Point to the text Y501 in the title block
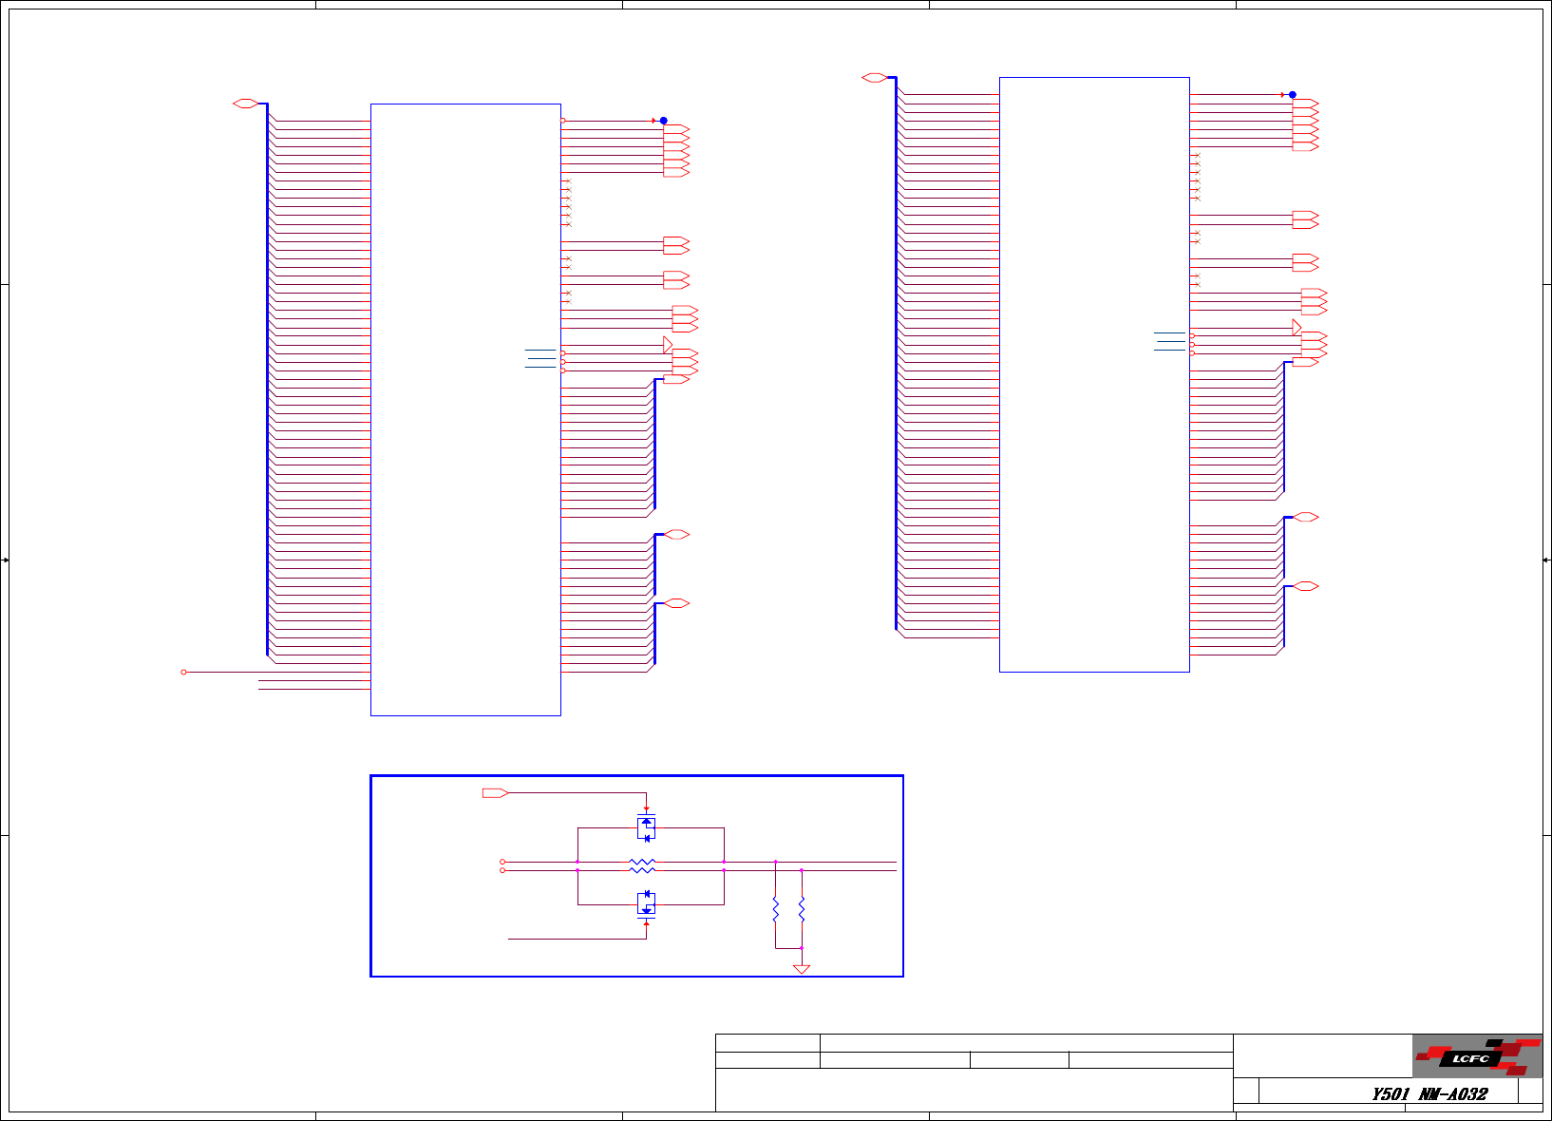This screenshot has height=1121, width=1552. pyautogui.click(x=1391, y=1093)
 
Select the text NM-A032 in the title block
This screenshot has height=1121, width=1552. pyautogui.click(x=1453, y=1093)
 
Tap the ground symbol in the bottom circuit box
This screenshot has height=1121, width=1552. pyautogui.click(x=802, y=969)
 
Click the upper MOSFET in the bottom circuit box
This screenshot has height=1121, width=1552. pyautogui.click(x=647, y=827)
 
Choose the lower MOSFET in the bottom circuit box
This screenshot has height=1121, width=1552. pyautogui.click(x=647, y=903)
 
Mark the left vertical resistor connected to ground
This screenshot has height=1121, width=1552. pyautogui.click(x=776, y=910)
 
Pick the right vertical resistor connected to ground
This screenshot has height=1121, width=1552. pyautogui.click(x=802, y=910)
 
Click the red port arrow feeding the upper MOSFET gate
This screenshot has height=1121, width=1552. pyautogui.click(x=495, y=792)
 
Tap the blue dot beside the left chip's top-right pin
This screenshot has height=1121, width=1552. pyautogui.click(x=664, y=121)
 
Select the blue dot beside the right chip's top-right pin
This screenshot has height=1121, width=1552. pyautogui.click(x=1293, y=95)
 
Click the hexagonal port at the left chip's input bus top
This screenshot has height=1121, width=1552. pyautogui.click(x=245, y=104)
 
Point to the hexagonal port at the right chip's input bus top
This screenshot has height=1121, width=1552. pyautogui.click(x=874, y=78)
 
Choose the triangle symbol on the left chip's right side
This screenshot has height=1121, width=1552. pyautogui.click(x=668, y=345)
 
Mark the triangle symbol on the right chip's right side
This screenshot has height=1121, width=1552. pyautogui.click(x=1296, y=328)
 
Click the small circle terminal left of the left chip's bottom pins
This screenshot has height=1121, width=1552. pyautogui.click(x=183, y=672)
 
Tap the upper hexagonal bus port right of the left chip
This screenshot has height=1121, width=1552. pyautogui.click(x=675, y=535)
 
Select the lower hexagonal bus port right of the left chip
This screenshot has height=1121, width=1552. pyautogui.click(x=675, y=603)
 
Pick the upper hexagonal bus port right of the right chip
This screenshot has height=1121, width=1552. pyautogui.click(x=1306, y=518)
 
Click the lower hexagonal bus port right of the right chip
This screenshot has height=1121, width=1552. pyautogui.click(x=1306, y=586)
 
